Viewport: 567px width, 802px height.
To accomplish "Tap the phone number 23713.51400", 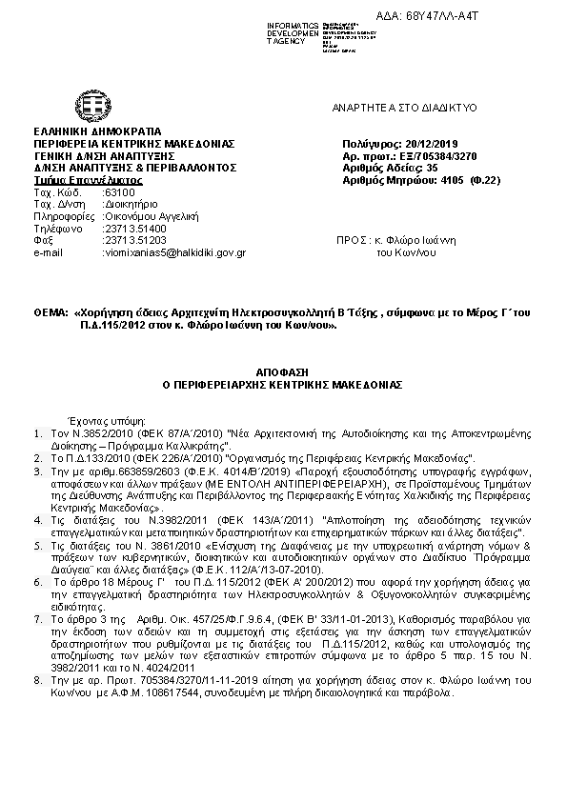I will click(134, 229).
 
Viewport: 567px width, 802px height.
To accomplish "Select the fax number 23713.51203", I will click(134, 240).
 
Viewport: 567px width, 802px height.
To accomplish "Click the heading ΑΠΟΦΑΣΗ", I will click(283, 365).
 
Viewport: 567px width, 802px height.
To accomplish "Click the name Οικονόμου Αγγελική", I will click(144, 216).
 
